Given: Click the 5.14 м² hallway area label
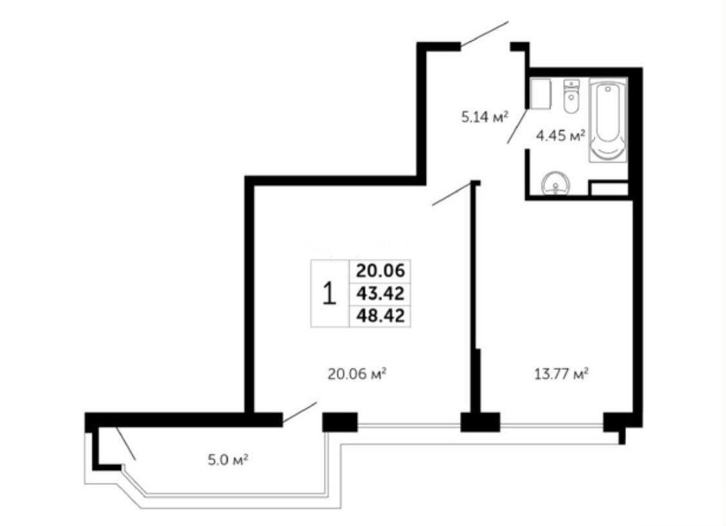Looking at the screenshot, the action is tap(485, 116).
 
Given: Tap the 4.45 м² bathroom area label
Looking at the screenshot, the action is tap(561, 136).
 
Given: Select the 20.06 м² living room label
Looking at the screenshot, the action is tap(357, 373).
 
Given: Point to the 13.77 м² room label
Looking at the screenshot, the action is tap(561, 373).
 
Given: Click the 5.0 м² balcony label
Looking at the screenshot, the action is tap(228, 460).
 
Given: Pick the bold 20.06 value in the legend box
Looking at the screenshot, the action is tap(380, 270).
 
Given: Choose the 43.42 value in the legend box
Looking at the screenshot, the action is tap(380, 293).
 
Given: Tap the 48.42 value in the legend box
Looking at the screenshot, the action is tap(380, 316).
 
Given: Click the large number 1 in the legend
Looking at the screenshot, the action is tap(329, 294).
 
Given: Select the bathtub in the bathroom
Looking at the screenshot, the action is tap(608, 120).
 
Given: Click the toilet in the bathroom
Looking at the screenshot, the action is tap(572, 96).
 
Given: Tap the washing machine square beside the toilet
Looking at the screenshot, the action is tap(540, 93).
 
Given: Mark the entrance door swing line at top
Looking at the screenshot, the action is tap(485, 34).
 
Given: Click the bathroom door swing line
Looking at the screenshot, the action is tap(518, 126).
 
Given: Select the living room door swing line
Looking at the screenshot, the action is tap(452, 194).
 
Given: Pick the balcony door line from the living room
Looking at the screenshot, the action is tap(300, 412).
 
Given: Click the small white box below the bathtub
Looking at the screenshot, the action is tap(609, 188).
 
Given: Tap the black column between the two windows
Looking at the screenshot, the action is tap(480, 422).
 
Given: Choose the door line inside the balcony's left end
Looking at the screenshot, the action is tap(126, 443).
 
